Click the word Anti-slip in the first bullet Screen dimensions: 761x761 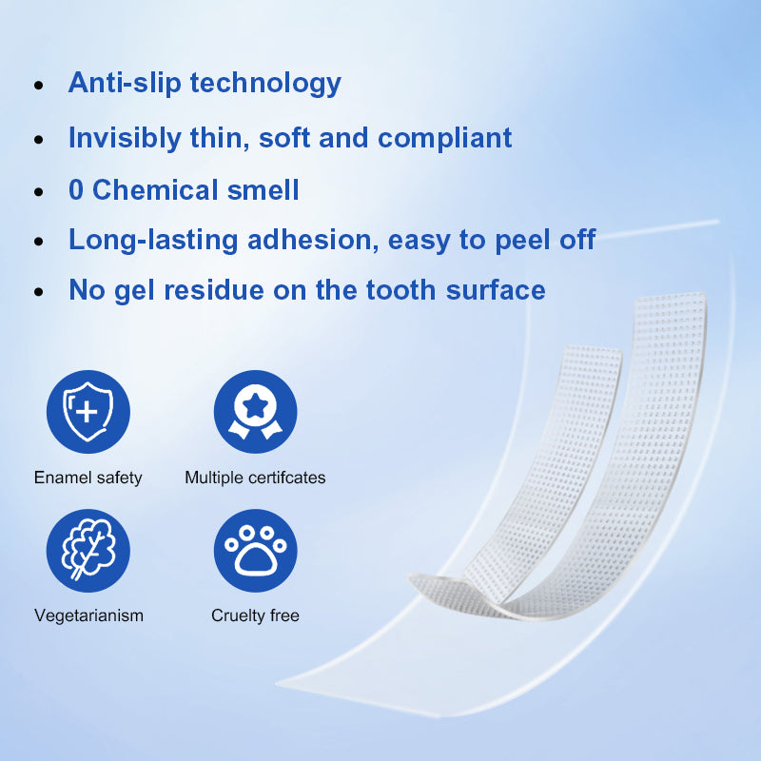click(x=125, y=83)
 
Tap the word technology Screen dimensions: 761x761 click(x=265, y=83)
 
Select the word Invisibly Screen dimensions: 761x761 click(x=125, y=138)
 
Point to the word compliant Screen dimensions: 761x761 click(x=444, y=138)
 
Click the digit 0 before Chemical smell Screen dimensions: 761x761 click(x=76, y=189)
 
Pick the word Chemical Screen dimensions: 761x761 click(x=155, y=189)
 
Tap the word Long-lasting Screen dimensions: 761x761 click(x=153, y=241)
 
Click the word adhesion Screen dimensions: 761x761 click(x=313, y=240)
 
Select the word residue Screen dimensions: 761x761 click(x=214, y=290)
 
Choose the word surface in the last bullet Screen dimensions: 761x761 click(x=496, y=290)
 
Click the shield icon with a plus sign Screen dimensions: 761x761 click(x=88, y=412)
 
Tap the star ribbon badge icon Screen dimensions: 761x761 click(x=255, y=412)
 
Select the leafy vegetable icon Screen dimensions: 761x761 click(x=88, y=551)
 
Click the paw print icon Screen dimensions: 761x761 click(x=255, y=551)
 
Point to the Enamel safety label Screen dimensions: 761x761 click(x=88, y=478)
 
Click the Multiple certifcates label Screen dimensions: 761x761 click(x=255, y=478)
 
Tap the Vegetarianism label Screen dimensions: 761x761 click(x=88, y=615)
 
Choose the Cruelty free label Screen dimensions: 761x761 click(x=255, y=615)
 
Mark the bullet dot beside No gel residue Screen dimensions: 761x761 click(x=39, y=292)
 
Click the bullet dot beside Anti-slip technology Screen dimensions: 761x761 click(x=39, y=86)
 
